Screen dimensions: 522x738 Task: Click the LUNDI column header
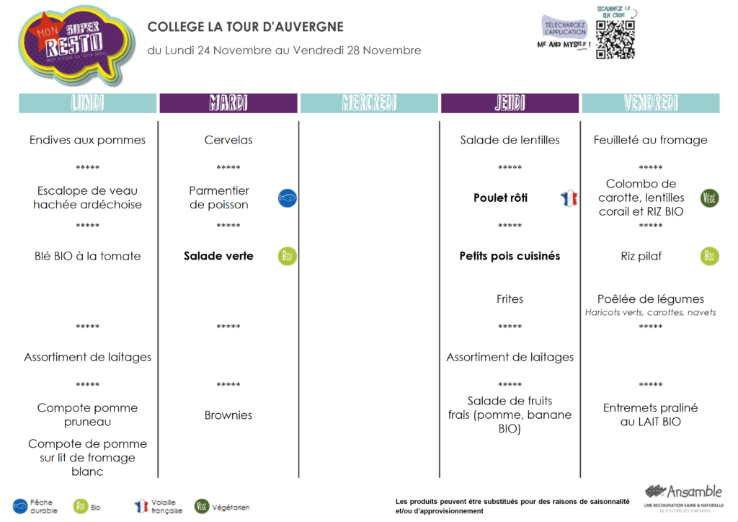pyautogui.click(x=88, y=103)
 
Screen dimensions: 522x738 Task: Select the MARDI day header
pyautogui.click(x=228, y=103)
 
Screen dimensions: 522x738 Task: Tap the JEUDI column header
pyautogui.click(x=510, y=103)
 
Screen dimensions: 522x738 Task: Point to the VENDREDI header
pyautogui.click(x=650, y=103)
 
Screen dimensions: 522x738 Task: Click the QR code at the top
pyautogui.click(x=615, y=40)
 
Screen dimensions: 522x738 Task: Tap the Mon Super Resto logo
pyautogui.click(x=75, y=45)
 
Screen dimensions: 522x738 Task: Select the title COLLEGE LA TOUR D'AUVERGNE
pyautogui.click(x=246, y=27)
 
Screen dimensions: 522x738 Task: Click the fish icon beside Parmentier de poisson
pyautogui.click(x=288, y=198)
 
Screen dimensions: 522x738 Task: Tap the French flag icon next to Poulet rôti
pyautogui.click(x=569, y=198)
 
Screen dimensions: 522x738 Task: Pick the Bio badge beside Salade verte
pyautogui.click(x=288, y=256)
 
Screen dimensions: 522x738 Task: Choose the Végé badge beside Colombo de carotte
pyautogui.click(x=710, y=198)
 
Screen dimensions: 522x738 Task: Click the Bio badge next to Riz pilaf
pyautogui.click(x=710, y=256)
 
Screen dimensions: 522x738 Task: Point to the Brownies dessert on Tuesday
pyautogui.click(x=228, y=415)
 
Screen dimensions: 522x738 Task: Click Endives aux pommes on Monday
pyautogui.click(x=87, y=140)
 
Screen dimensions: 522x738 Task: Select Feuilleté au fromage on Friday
pyautogui.click(x=650, y=140)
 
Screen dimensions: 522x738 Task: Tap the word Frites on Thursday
pyautogui.click(x=510, y=299)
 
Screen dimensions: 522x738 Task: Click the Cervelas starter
pyautogui.click(x=228, y=140)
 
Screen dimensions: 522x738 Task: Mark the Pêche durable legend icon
pyautogui.click(x=20, y=506)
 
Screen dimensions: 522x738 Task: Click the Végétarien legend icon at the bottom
pyautogui.click(x=203, y=506)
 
